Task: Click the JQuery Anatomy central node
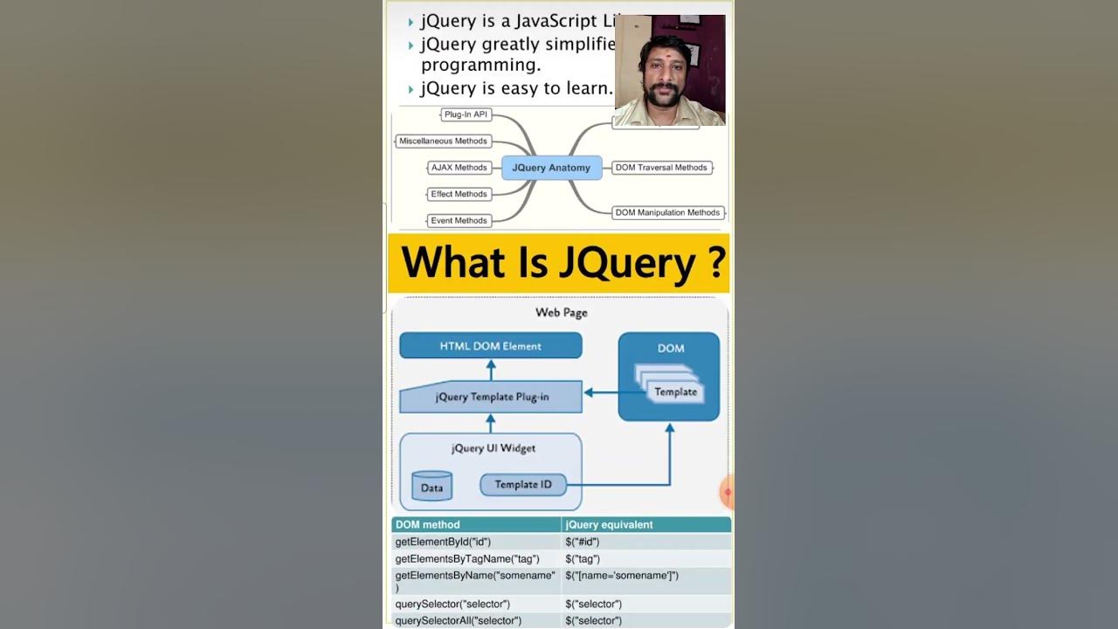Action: click(551, 168)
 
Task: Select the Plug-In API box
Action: click(466, 114)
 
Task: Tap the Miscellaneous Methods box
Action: click(443, 141)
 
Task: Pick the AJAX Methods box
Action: click(459, 168)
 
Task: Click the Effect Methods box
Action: click(459, 194)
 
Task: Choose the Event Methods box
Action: click(459, 220)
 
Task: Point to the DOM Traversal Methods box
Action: click(661, 168)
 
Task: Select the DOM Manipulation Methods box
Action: click(667, 212)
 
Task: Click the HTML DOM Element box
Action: click(490, 346)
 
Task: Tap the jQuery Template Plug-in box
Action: click(491, 397)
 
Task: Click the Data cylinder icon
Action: click(431, 487)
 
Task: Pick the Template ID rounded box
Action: click(522, 485)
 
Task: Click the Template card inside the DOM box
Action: click(676, 392)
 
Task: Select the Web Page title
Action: click(561, 312)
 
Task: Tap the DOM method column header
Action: click(427, 525)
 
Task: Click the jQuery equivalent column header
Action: click(609, 525)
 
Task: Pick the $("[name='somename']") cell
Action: click(622, 575)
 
